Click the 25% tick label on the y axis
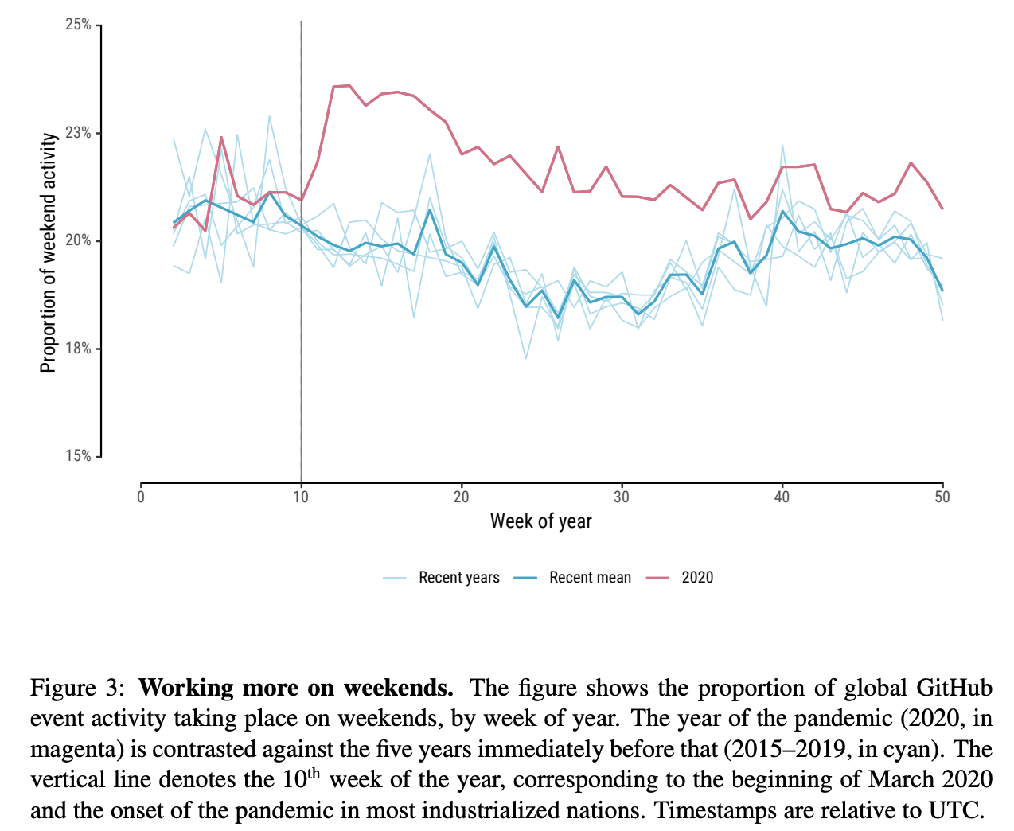coord(78,25)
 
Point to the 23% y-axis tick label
coord(78,133)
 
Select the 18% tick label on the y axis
coord(78,349)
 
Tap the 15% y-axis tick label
coord(78,456)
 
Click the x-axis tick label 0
coord(141,497)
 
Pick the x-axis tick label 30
coord(622,497)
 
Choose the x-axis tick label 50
coord(942,497)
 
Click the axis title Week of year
coord(541,521)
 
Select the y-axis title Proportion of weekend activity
coord(49,252)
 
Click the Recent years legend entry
coord(458,578)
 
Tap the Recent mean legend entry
coord(590,578)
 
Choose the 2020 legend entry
coord(697,578)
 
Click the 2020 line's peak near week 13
coord(349,85)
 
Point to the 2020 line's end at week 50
coord(942,209)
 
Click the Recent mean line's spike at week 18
coord(430,209)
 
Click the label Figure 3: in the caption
coord(77,688)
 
